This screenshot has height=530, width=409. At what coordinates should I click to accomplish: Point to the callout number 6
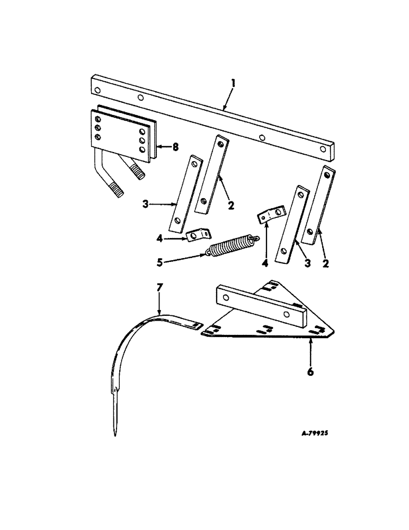click(x=310, y=372)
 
